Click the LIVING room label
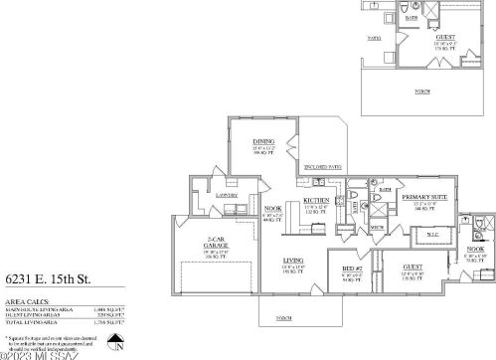(x=292, y=261)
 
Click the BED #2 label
(x=349, y=269)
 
